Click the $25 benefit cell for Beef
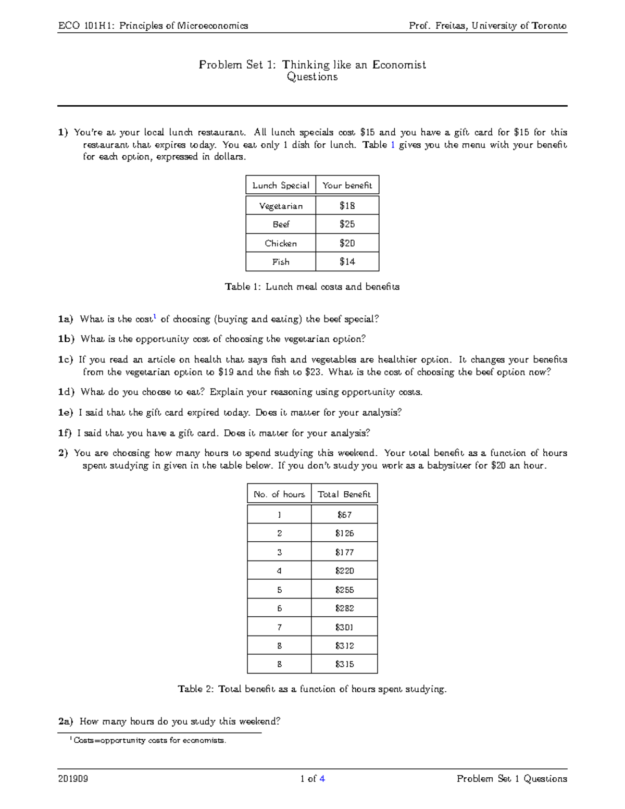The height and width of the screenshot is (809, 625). tap(347, 224)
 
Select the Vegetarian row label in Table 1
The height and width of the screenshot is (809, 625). tap(281, 206)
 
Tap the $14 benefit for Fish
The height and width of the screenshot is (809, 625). tap(347, 262)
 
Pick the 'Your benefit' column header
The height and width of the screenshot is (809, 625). tap(347, 185)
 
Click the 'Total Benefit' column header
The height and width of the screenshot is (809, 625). tap(344, 494)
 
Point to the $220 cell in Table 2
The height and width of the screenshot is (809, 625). tap(344, 570)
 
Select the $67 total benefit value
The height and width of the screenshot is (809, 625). tap(344, 515)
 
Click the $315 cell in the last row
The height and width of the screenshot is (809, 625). tap(344, 664)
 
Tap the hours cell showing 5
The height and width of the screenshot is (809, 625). tap(279, 590)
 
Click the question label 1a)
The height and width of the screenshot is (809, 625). tap(66, 319)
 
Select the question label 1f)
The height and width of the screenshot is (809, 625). tap(65, 433)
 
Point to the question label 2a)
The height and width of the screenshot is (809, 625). tap(66, 721)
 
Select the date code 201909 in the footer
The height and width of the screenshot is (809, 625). tap(73, 779)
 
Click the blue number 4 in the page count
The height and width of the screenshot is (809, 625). tap(322, 779)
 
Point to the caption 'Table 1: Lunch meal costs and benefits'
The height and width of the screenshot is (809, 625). tap(312, 287)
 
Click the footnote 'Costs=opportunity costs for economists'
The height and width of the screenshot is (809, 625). tap(150, 740)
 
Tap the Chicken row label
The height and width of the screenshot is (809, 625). tap(281, 243)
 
